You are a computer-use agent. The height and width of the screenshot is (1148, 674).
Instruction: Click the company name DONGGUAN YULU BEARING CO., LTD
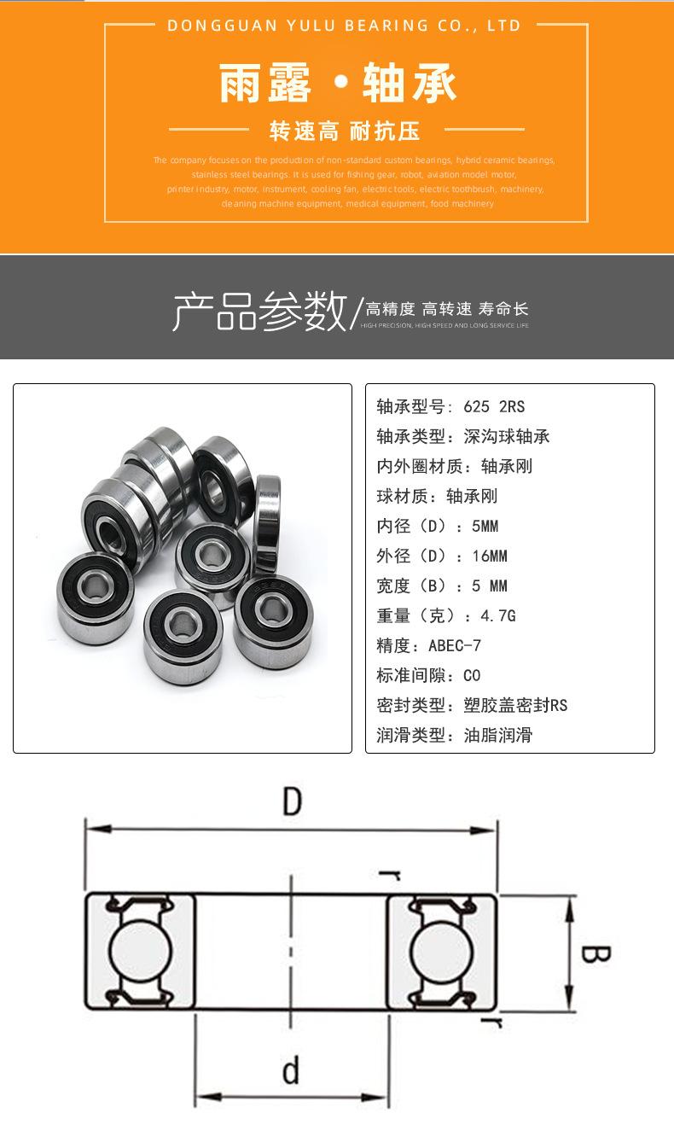[x=344, y=26]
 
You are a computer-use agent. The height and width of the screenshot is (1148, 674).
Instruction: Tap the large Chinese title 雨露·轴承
[x=338, y=84]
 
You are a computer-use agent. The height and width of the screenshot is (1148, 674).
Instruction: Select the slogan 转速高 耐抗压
[x=345, y=131]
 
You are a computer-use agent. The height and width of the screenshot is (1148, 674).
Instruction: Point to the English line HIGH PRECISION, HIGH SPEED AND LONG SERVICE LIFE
[x=444, y=326]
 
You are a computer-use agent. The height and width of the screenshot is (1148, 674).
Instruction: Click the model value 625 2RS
[x=494, y=406]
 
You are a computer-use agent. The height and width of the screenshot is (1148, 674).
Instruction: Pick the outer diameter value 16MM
[x=490, y=556]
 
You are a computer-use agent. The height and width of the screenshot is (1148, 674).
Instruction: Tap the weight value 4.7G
[x=498, y=615]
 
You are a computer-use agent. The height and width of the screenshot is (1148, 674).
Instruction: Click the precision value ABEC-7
[x=456, y=645]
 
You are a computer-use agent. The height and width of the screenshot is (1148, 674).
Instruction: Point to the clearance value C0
[x=472, y=675]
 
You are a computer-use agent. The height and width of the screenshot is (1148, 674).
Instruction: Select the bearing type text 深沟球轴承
[x=507, y=436]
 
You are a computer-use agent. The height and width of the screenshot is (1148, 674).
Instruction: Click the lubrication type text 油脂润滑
[x=498, y=735]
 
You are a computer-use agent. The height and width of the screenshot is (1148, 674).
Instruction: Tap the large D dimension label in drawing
[x=293, y=802]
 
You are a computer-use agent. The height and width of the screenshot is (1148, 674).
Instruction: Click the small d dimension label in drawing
[x=291, y=1070]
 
